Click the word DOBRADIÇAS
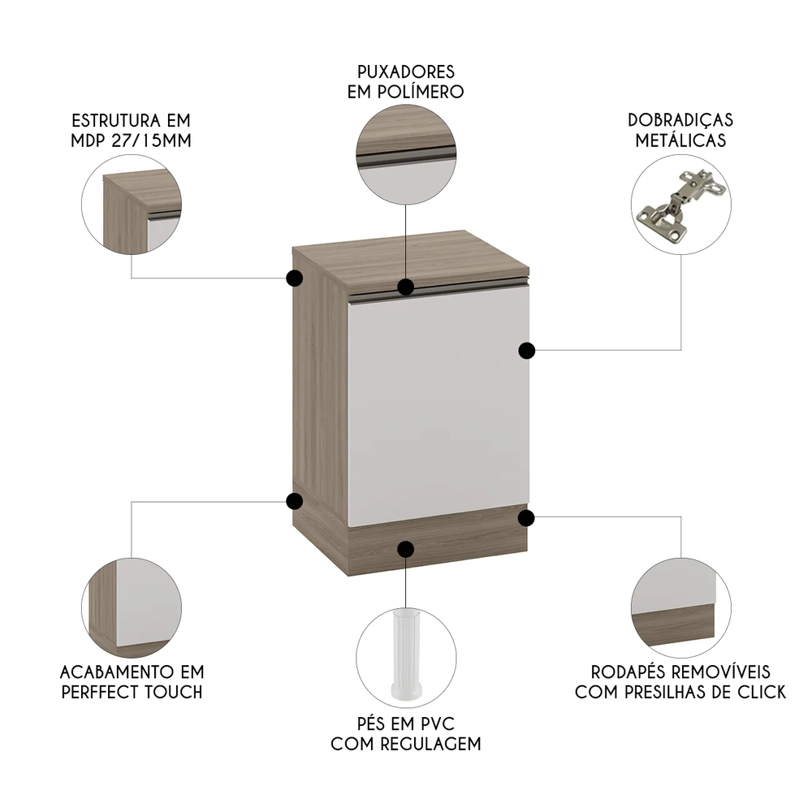[x=680, y=120]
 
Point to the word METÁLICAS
[x=680, y=140]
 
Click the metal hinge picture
[x=680, y=207]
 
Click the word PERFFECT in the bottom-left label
[x=108, y=692]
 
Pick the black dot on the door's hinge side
[x=527, y=350]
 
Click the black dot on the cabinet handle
[x=406, y=287]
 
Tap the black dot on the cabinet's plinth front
[x=406, y=548]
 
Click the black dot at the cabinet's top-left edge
[x=294, y=279]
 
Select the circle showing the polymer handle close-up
[x=406, y=154]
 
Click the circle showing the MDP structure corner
[x=132, y=204]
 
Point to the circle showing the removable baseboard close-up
[x=680, y=607]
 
